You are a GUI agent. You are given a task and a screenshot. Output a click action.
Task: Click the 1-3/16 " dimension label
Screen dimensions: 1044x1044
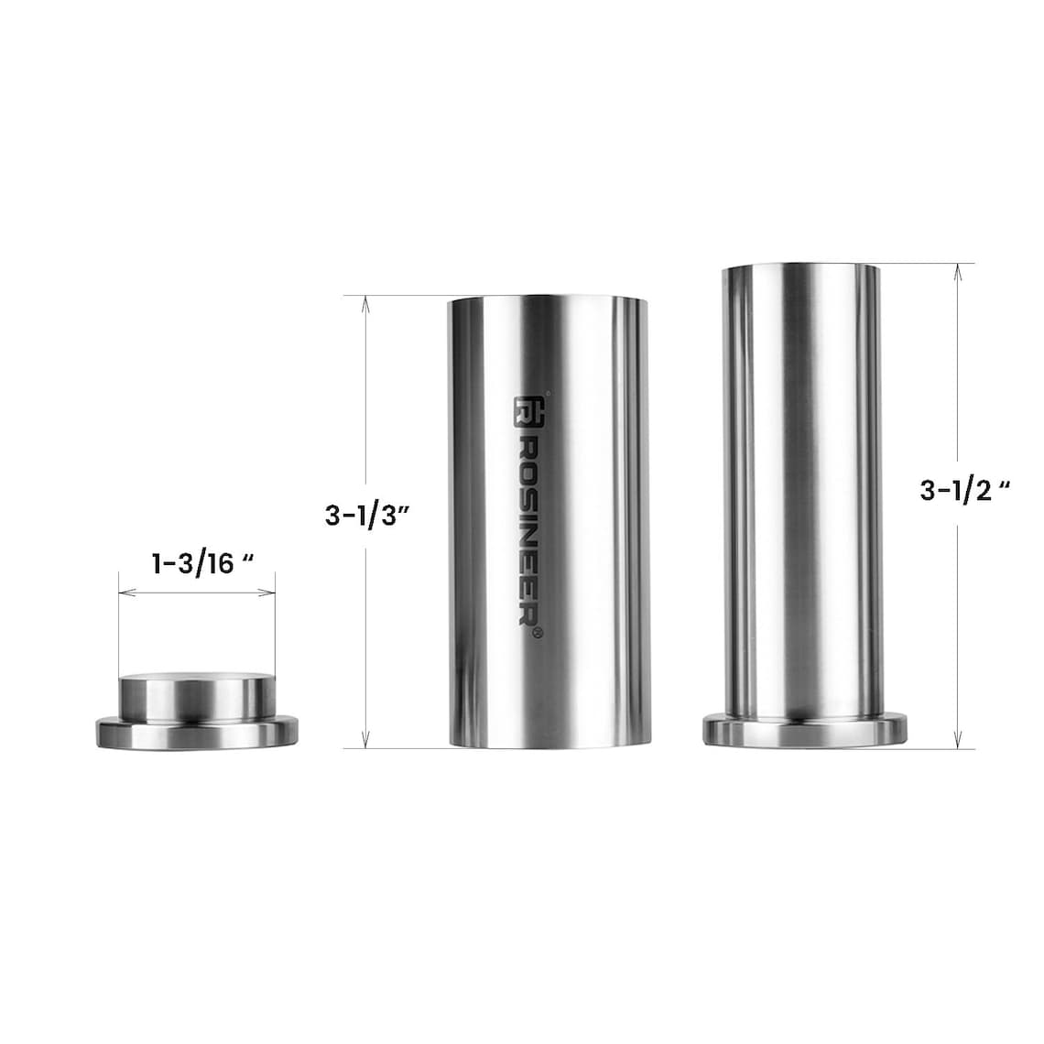point(201,562)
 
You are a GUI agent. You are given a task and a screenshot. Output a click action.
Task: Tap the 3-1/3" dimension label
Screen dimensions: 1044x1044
point(365,516)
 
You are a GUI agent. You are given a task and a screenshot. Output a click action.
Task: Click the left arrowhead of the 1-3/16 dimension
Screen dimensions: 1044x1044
point(124,593)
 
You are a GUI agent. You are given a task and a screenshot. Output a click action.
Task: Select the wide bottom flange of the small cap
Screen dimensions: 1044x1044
point(197,733)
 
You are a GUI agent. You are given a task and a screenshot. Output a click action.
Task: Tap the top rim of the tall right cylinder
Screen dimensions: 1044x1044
point(802,267)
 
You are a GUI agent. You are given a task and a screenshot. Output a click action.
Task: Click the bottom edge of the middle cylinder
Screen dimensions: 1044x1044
point(547,744)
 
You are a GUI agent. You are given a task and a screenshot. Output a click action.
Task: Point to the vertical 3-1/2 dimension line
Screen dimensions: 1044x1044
point(957,595)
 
